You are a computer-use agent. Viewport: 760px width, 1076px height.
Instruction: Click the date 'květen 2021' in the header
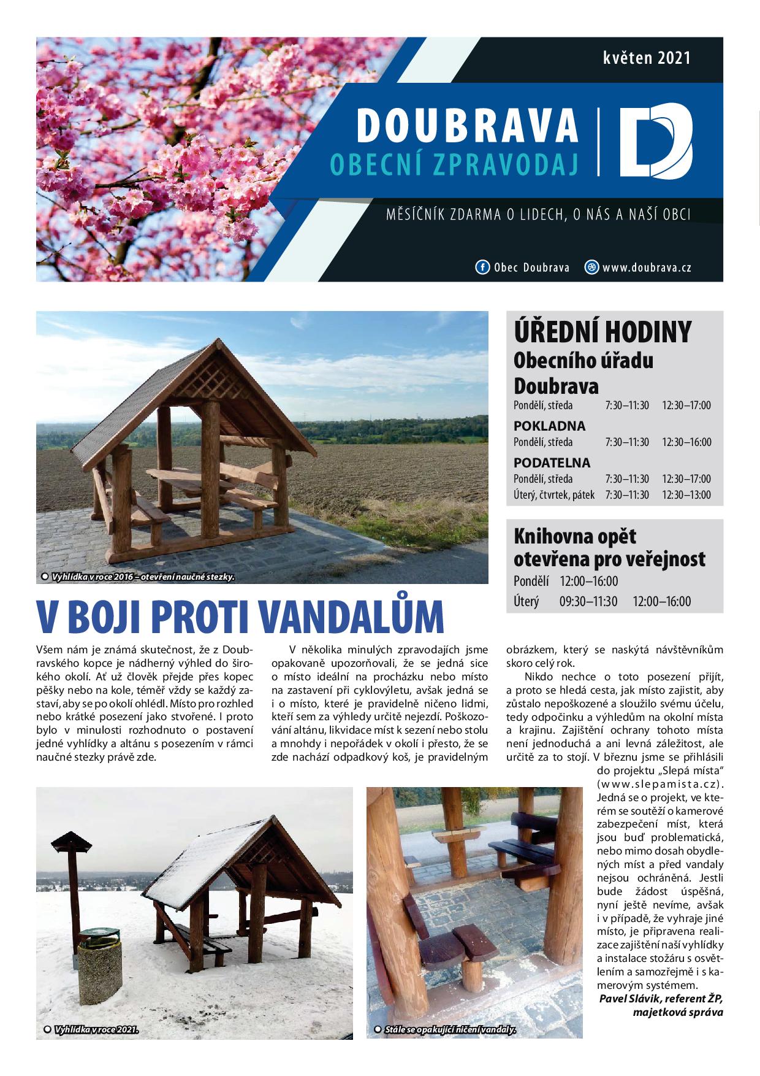tap(646, 58)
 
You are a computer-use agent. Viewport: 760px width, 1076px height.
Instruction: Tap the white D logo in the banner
tap(654, 143)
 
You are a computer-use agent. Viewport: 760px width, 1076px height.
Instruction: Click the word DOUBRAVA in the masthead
tap(467, 126)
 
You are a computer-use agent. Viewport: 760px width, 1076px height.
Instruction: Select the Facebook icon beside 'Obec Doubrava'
tap(482, 267)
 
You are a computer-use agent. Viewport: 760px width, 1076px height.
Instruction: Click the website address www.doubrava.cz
tap(647, 267)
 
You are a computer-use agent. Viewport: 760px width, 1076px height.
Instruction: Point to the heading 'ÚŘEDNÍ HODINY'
tap(602, 332)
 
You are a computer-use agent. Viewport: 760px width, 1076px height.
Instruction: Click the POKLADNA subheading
tap(549, 426)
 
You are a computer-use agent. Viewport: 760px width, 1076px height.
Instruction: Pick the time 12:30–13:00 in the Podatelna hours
tap(686, 494)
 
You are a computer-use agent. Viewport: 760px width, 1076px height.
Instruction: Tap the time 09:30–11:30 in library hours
tap(588, 601)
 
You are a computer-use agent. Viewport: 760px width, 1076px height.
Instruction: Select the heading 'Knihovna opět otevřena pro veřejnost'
tap(609, 548)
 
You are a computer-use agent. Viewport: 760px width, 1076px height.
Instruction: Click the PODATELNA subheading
tap(552, 463)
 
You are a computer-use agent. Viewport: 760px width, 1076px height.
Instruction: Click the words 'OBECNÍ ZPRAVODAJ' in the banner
tap(454, 162)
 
